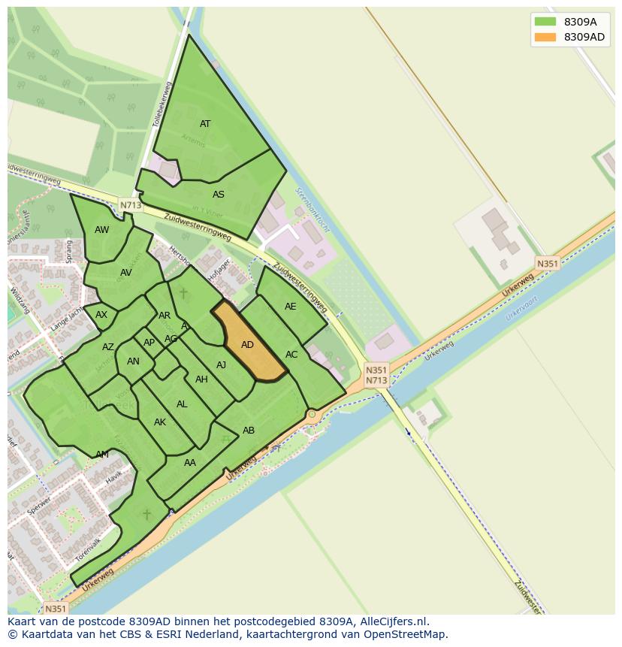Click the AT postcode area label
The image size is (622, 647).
click(205, 124)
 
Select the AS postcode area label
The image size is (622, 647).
click(218, 195)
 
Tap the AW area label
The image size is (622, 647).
click(101, 230)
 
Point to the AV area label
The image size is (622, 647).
click(126, 273)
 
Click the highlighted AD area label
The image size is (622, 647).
click(247, 345)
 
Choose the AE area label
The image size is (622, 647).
click(290, 307)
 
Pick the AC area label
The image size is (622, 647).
click(291, 355)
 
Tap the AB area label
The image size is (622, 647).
click(249, 431)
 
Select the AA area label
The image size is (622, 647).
click(190, 463)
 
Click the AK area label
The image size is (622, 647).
click(160, 422)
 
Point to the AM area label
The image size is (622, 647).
click(102, 455)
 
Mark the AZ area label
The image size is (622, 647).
click(108, 347)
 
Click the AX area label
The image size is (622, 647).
click(101, 315)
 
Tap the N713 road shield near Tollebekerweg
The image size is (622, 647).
click(130, 204)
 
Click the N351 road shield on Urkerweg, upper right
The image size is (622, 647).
click(547, 263)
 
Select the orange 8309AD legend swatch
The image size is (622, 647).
click(545, 37)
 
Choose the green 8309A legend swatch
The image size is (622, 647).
click(545, 22)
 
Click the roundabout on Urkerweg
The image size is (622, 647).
click(311, 414)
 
